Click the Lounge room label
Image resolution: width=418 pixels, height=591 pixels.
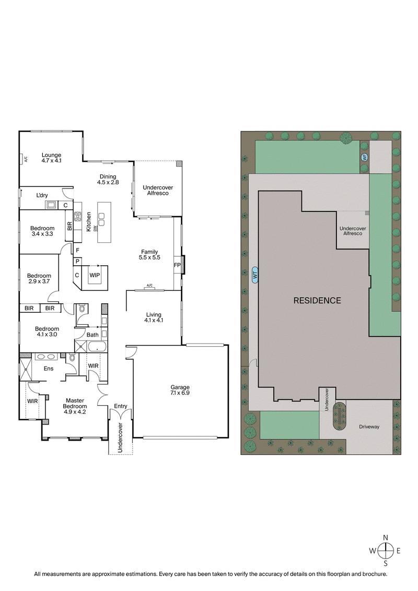52,158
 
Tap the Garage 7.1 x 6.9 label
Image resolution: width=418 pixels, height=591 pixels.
180,389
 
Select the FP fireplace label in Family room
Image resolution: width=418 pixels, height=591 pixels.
177,265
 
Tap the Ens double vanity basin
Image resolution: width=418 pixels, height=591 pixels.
46,357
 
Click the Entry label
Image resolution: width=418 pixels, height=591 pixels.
120,406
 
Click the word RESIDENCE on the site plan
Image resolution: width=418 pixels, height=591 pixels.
317,301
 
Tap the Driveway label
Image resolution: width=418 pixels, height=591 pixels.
369,427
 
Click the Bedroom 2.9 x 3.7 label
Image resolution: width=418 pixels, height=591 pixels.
39,279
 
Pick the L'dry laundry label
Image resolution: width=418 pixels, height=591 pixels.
42,195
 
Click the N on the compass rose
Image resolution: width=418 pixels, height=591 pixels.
386,538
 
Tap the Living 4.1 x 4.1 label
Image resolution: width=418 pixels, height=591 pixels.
154,317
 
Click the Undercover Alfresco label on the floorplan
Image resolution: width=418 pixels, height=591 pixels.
158,190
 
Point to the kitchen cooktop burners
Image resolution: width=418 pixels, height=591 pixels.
78,216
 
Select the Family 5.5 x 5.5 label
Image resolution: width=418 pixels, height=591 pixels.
148,255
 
